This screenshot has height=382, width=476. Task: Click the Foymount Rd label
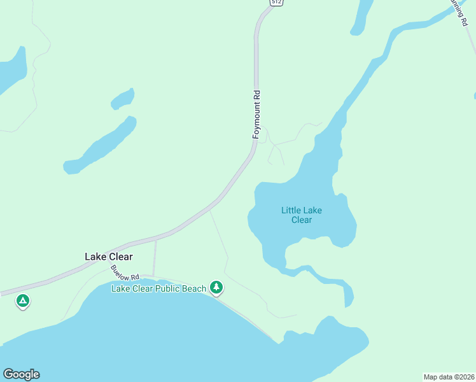coord(257,115)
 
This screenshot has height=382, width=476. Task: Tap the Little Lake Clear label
coord(302,215)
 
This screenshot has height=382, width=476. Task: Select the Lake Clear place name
coord(109,257)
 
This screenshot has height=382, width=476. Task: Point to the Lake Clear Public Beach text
coord(159,288)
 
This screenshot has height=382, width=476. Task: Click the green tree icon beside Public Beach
coord(217,288)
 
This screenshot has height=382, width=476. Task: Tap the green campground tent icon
coord(23,301)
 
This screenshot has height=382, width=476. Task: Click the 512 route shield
coord(276,3)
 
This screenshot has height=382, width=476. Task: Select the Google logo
coord(21,374)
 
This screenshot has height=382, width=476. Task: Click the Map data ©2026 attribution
coord(449,376)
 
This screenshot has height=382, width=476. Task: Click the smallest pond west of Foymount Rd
coord(123,99)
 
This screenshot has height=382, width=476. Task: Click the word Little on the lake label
coord(291,209)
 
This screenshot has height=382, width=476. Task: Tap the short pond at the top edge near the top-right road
coord(362,16)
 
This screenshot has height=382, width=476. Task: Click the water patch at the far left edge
coord(11,69)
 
